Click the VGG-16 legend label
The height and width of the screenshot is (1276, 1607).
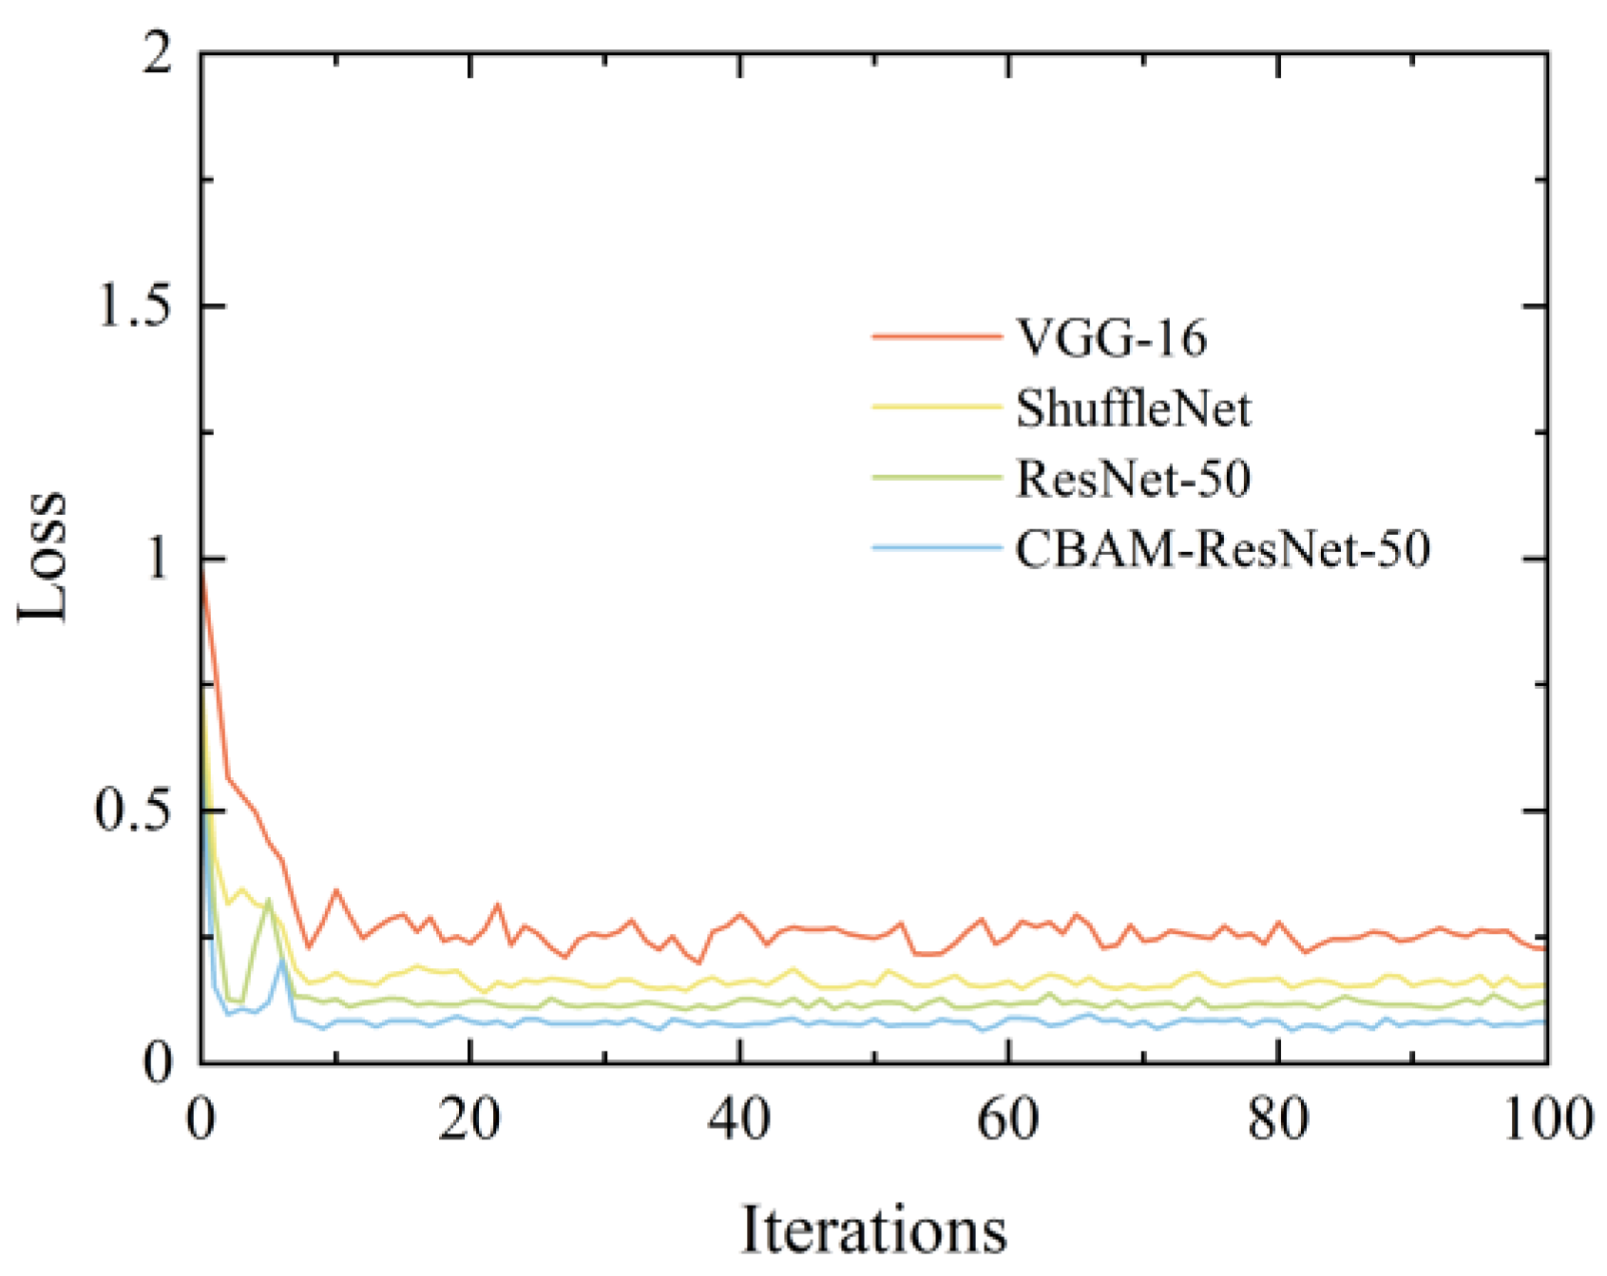point(1111,337)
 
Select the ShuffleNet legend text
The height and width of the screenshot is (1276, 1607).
point(1133,408)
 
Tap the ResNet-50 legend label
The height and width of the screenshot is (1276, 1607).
point(1133,478)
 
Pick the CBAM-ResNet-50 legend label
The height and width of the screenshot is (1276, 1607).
point(1222,548)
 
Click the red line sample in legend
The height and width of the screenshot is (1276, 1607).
point(937,336)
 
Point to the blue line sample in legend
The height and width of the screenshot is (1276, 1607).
point(937,547)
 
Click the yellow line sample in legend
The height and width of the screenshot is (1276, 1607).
point(937,407)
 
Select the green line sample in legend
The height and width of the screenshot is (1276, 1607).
point(937,477)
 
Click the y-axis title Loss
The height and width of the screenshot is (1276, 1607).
point(44,558)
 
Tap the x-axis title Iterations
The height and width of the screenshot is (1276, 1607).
point(873,1230)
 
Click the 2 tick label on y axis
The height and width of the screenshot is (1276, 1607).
point(158,53)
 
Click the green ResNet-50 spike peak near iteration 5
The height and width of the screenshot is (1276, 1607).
point(269,899)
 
